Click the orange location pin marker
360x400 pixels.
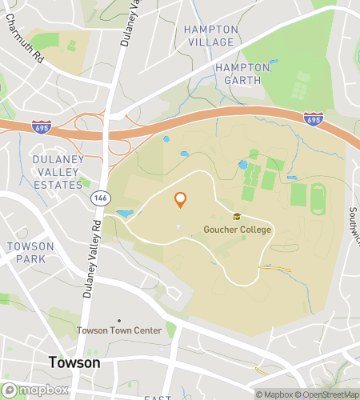pos(181,200)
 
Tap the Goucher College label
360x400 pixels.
pos(237,230)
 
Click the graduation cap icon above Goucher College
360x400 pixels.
pos(237,217)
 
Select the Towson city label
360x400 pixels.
pos(74,362)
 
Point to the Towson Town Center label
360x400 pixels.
pos(118,330)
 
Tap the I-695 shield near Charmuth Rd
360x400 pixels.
pos(41,126)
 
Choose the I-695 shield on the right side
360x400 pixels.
pos(313,118)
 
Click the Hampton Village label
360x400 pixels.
pos(210,35)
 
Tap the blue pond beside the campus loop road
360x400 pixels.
pos(126,214)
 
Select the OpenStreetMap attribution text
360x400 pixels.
pos(329,394)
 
